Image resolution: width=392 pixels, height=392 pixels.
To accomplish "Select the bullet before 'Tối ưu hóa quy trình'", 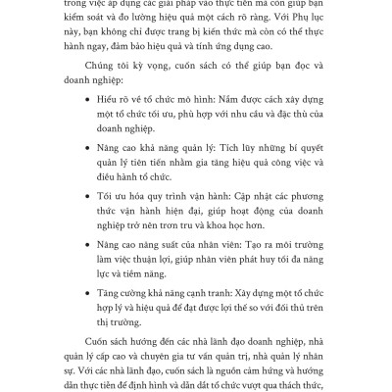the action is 73,232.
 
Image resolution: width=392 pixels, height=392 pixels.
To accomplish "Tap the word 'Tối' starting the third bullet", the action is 94,232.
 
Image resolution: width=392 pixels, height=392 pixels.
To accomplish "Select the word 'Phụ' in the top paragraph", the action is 291,17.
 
